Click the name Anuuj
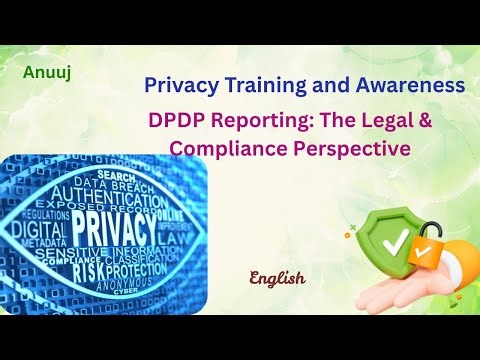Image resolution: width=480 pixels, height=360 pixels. coord(43,73)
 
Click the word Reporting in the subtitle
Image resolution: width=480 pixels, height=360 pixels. coord(261,122)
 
